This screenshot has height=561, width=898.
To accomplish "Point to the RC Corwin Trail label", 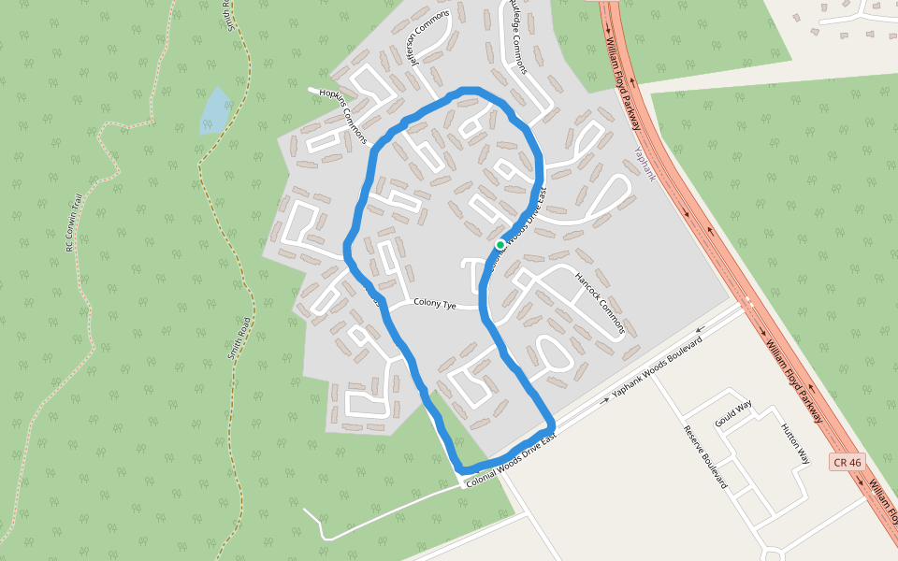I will (69, 223).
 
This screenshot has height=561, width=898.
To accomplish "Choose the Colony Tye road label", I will (435, 303).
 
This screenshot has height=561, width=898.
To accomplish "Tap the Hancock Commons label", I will (599, 305).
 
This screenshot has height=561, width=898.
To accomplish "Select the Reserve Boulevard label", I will (705, 457).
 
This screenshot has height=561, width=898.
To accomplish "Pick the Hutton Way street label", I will (796, 444).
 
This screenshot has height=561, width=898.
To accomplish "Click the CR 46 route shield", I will (845, 462).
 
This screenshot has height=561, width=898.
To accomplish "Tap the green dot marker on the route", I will (500, 245).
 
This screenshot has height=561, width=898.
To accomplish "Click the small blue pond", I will (215, 110).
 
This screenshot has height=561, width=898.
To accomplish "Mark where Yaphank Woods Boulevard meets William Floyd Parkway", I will (746, 305).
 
